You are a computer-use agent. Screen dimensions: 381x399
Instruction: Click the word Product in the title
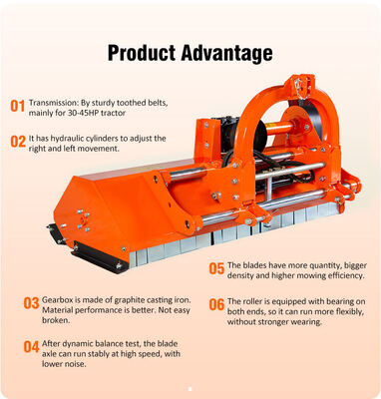[x=142, y=53]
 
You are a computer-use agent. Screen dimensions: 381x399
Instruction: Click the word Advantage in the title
[x=227, y=53]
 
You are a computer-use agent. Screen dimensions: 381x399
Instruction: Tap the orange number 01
[x=18, y=106]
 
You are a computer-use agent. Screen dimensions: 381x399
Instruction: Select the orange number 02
[x=18, y=142]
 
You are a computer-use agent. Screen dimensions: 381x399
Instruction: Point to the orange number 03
[x=31, y=303]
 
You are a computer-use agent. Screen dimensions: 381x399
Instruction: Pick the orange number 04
[x=31, y=347]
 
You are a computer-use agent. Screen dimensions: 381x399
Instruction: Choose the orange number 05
[x=216, y=268]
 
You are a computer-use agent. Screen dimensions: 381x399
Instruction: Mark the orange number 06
[x=216, y=304]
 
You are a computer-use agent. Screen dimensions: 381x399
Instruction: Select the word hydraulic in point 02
[x=67, y=139]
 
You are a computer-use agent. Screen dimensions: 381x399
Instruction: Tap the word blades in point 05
[x=254, y=265]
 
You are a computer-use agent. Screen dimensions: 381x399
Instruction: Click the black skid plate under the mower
[x=99, y=256]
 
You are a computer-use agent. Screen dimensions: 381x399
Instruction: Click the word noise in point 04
[x=75, y=364]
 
